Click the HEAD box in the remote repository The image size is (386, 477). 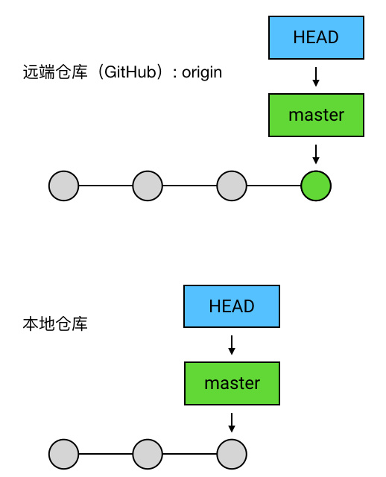point(316,37)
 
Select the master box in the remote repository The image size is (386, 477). point(316,115)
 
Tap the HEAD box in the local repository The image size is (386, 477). point(232,306)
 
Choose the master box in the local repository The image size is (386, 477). point(232,383)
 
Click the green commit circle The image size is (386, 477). point(316,186)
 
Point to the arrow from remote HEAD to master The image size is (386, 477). point(316,77)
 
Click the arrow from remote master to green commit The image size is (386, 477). point(316,154)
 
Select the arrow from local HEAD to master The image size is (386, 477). point(232,345)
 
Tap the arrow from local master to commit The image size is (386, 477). point(232,423)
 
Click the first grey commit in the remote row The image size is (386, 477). point(64,186)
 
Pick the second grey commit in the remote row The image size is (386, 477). point(148,186)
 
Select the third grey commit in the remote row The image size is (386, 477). point(232,186)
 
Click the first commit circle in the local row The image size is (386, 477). point(64,454)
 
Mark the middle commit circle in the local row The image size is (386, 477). point(148,454)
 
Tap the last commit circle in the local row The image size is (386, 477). point(232,454)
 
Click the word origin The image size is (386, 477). point(202,73)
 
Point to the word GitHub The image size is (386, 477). point(130,72)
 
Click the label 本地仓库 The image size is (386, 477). point(55,323)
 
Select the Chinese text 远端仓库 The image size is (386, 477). point(55,72)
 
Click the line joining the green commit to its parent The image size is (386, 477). point(273,186)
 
